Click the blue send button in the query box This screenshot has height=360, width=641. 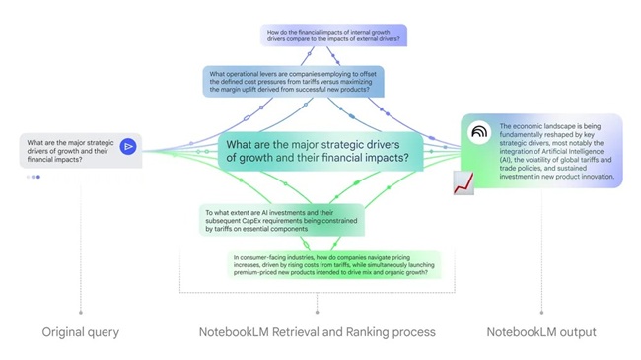click(x=128, y=147)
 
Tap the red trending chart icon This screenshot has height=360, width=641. click(x=463, y=183)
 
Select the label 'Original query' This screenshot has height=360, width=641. click(x=80, y=332)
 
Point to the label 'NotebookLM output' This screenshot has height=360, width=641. click(x=540, y=332)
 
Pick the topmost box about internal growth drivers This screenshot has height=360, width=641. click(x=335, y=36)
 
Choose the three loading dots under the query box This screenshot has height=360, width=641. click(x=33, y=178)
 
